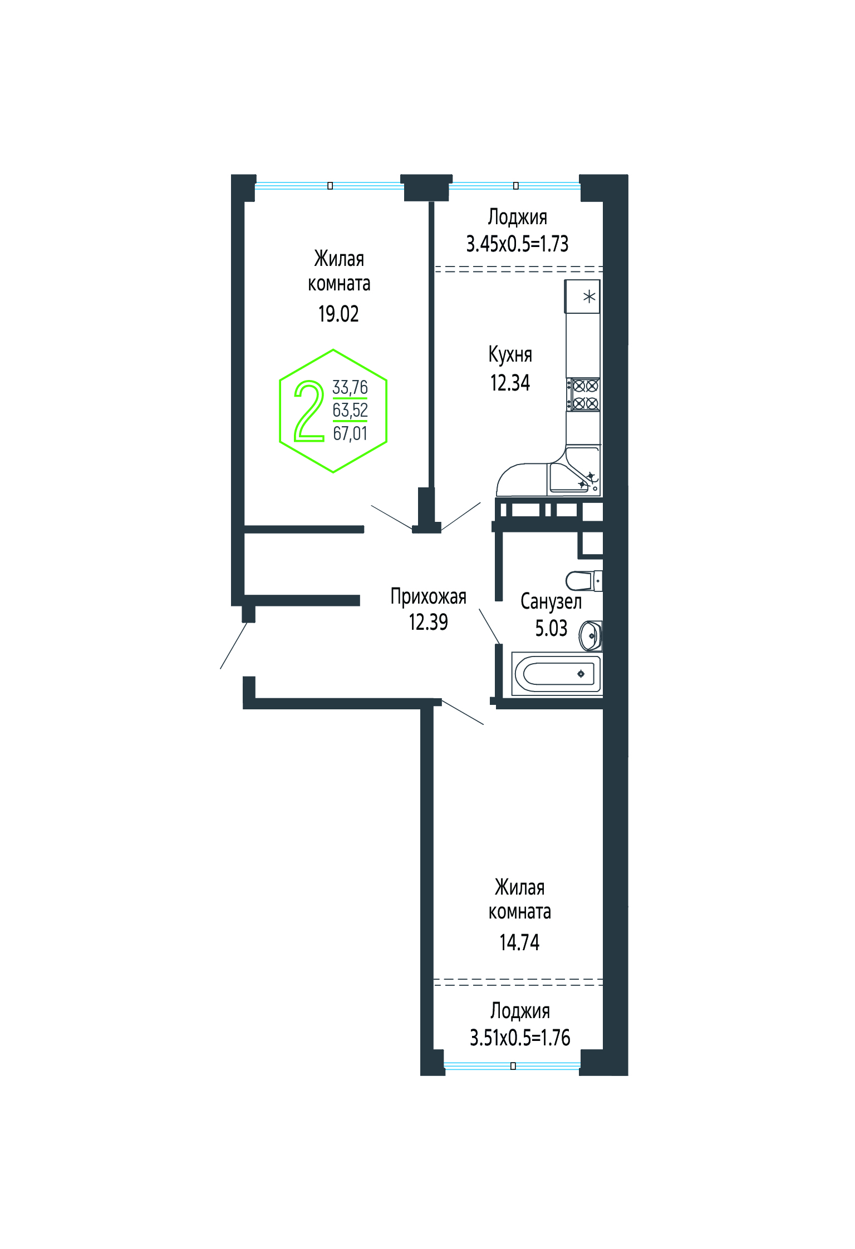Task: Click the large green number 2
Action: pyautogui.click(x=309, y=411)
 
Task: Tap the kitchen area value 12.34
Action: pyautogui.click(x=510, y=383)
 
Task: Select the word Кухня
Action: pyautogui.click(x=510, y=354)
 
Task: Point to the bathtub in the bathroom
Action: pyautogui.click(x=557, y=674)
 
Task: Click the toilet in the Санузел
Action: pyautogui.click(x=584, y=581)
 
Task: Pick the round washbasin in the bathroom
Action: pyautogui.click(x=591, y=635)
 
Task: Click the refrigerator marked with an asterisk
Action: pyautogui.click(x=583, y=297)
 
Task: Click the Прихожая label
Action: pyautogui.click(x=428, y=596)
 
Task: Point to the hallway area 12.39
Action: pyautogui.click(x=428, y=622)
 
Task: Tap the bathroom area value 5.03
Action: pyautogui.click(x=551, y=628)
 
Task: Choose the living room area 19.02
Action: pyautogui.click(x=338, y=314)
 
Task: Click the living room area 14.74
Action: pyautogui.click(x=519, y=942)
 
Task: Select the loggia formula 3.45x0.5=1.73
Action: pyautogui.click(x=517, y=244)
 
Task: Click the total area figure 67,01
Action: pyautogui.click(x=350, y=433)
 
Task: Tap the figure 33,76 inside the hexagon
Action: pyautogui.click(x=350, y=387)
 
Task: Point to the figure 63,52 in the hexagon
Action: pyautogui.click(x=350, y=410)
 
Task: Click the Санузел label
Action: pyautogui.click(x=551, y=601)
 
